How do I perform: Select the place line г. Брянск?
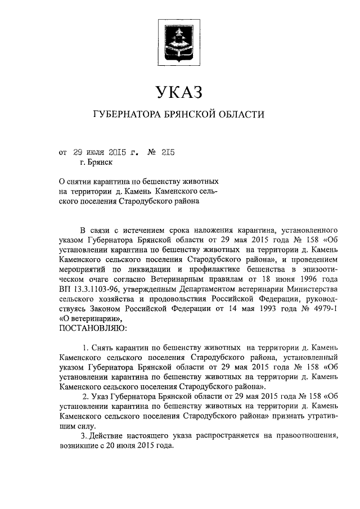[x=96, y=163]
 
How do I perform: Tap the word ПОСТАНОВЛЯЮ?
[x=93, y=327]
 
